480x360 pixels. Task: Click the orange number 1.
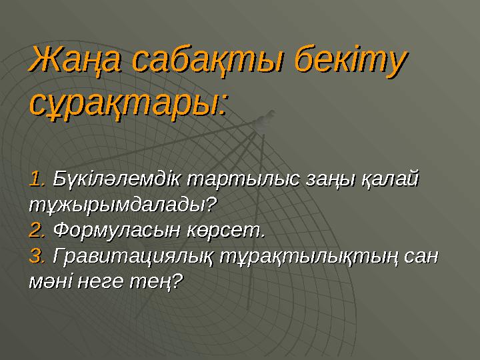[x=37, y=179]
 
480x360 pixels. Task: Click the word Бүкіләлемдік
[x=117, y=179]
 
